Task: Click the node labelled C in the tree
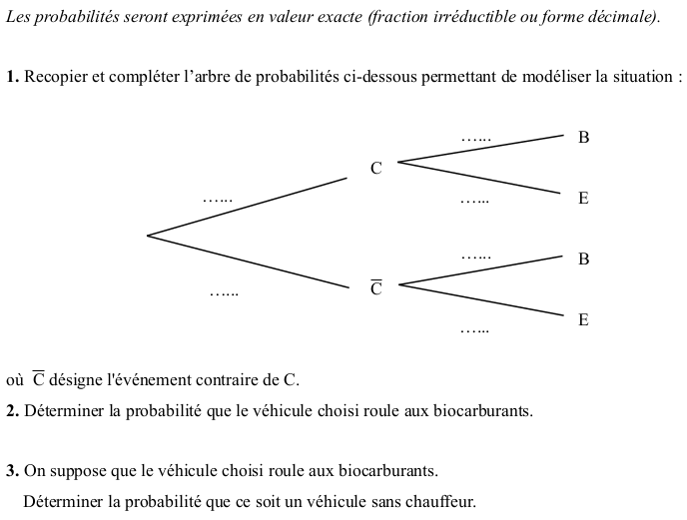(x=376, y=169)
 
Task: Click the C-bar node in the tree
(x=376, y=288)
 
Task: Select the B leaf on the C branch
(x=584, y=138)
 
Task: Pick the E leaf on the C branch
(x=584, y=199)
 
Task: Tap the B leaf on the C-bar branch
(x=584, y=260)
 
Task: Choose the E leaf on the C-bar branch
(x=584, y=320)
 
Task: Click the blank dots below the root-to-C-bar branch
(x=225, y=293)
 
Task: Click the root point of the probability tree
(x=148, y=236)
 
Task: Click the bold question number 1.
(x=12, y=78)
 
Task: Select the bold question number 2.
(x=12, y=411)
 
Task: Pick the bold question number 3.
(x=12, y=470)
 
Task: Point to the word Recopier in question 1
(x=55, y=78)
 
